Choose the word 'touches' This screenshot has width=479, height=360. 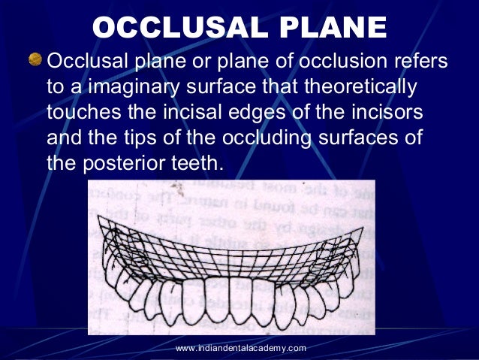pyautogui.click(x=80, y=113)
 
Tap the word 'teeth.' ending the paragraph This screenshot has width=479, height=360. pyautogui.click(x=198, y=164)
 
